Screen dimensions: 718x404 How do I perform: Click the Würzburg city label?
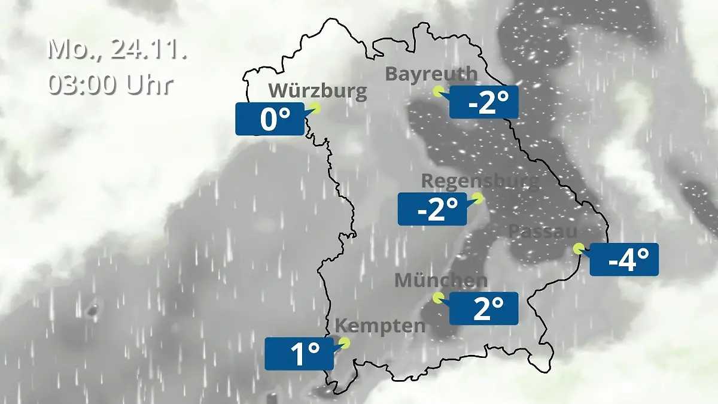pyautogui.click(x=317, y=91)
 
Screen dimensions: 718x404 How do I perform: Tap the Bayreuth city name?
pyautogui.click(x=431, y=74)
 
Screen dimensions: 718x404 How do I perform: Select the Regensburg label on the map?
pyautogui.click(x=480, y=181)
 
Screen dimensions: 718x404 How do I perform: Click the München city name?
pyautogui.click(x=441, y=280)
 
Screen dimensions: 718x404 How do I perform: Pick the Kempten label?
pyautogui.click(x=380, y=326)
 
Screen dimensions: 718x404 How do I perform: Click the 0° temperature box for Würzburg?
pyautogui.click(x=270, y=119)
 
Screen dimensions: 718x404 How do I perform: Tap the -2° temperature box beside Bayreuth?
pyautogui.click(x=483, y=102)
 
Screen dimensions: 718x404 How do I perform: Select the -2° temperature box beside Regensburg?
pyautogui.click(x=432, y=209)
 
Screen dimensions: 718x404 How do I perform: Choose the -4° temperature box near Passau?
pyautogui.click(x=624, y=260)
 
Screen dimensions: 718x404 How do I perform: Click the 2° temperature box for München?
pyautogui.click(x=483, y=308)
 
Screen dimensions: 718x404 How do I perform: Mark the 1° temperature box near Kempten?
pyautogui.click(x=299, y=354)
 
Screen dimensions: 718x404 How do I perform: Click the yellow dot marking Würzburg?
pyautogui.click(x=315, y=108)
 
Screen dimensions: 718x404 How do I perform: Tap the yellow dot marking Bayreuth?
pyautogui.click(x=439, y=92)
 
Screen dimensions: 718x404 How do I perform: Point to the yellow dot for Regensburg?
pyautogui.click(x=477, y=197)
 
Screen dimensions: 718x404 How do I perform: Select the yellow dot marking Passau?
pyautogui.click(x=578, y=248)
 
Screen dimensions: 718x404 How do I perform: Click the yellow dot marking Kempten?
pyautogui.click(x=344, y=342)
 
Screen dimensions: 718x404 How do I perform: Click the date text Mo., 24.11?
pyautogui.click(x=117, y=49)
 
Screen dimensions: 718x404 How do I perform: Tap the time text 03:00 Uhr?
pyautogui.click(x=111, y=84)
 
